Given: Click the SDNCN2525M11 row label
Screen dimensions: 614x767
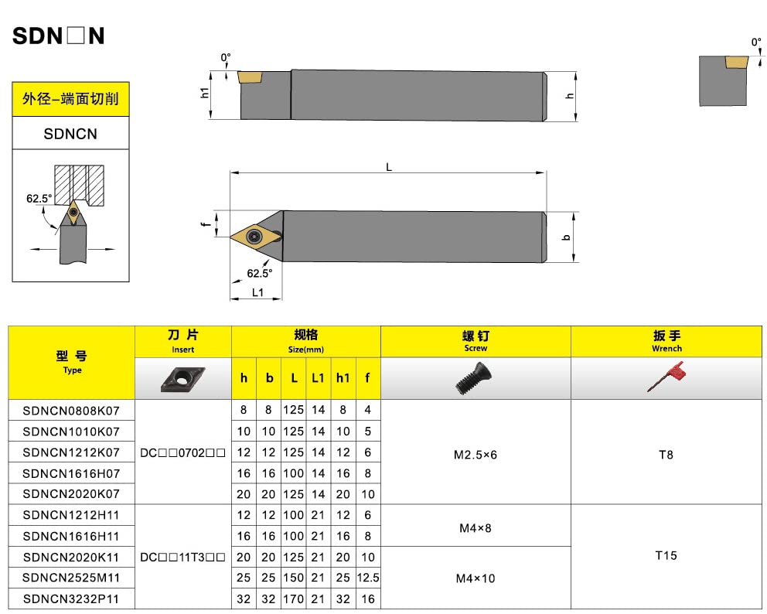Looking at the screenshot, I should coord(71,577).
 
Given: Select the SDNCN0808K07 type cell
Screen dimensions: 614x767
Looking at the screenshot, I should coord(71,410).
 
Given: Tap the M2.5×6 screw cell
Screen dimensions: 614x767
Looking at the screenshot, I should coord(476,455).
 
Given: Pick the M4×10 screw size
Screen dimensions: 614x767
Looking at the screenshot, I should coord(476,578).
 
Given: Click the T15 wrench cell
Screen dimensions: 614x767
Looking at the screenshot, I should coord(666,556).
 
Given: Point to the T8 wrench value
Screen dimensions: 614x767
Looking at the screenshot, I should coord(666,455).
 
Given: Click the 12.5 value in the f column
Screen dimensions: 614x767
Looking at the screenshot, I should coord(368,577).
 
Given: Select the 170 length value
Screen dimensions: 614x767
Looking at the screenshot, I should coord(293,598).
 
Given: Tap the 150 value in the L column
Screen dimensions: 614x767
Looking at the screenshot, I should coord(293,577).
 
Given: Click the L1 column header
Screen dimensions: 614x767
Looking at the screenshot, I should coord(318,378).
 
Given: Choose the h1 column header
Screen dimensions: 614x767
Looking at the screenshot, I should coord(343,378).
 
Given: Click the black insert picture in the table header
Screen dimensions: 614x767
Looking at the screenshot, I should coord(182,378).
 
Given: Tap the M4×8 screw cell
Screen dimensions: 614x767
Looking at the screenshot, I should coord(476,529).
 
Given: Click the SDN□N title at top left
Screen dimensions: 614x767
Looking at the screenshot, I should coord(59,36).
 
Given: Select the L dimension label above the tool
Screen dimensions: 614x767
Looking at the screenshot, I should coord(389,167).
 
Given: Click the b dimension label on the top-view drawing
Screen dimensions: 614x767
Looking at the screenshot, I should coord(568,237).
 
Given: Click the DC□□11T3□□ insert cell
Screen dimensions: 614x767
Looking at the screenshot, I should coord(183,556).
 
